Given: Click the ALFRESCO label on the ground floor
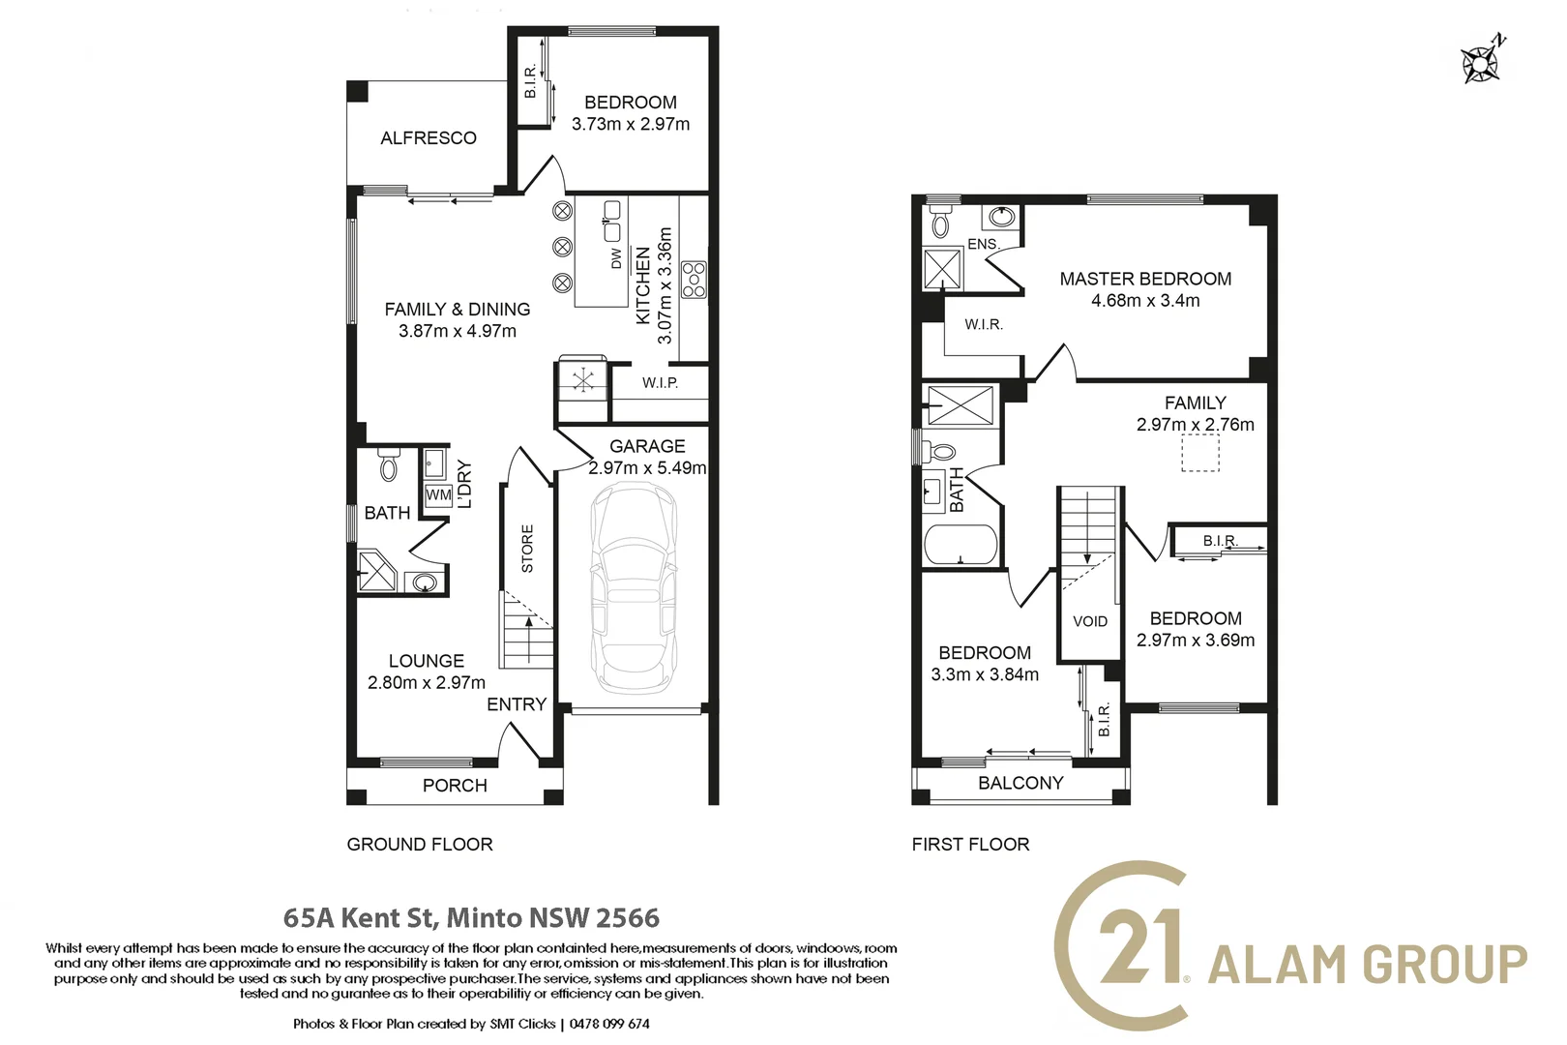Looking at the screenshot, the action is (429, 138).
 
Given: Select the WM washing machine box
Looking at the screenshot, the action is (438, 494).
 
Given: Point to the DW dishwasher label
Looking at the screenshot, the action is (615, 258).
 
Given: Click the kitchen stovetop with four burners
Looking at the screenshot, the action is (694, 280).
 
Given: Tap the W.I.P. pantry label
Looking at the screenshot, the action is (660, 383).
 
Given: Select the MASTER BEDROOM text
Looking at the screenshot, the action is (1145, 279).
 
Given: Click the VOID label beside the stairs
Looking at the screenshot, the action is (1090, 621).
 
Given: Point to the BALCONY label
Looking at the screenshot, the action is (1020, 783).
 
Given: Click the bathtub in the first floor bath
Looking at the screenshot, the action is (961, 545).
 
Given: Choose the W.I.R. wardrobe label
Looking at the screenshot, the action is (984, 325).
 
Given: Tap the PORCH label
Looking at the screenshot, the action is (455, 786).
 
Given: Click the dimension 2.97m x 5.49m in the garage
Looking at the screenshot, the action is (647, 467).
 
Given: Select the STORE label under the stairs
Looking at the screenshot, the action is (527, 549).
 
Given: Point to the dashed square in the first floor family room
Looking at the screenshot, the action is (1200, 452).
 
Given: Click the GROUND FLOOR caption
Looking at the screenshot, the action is (420, 844).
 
